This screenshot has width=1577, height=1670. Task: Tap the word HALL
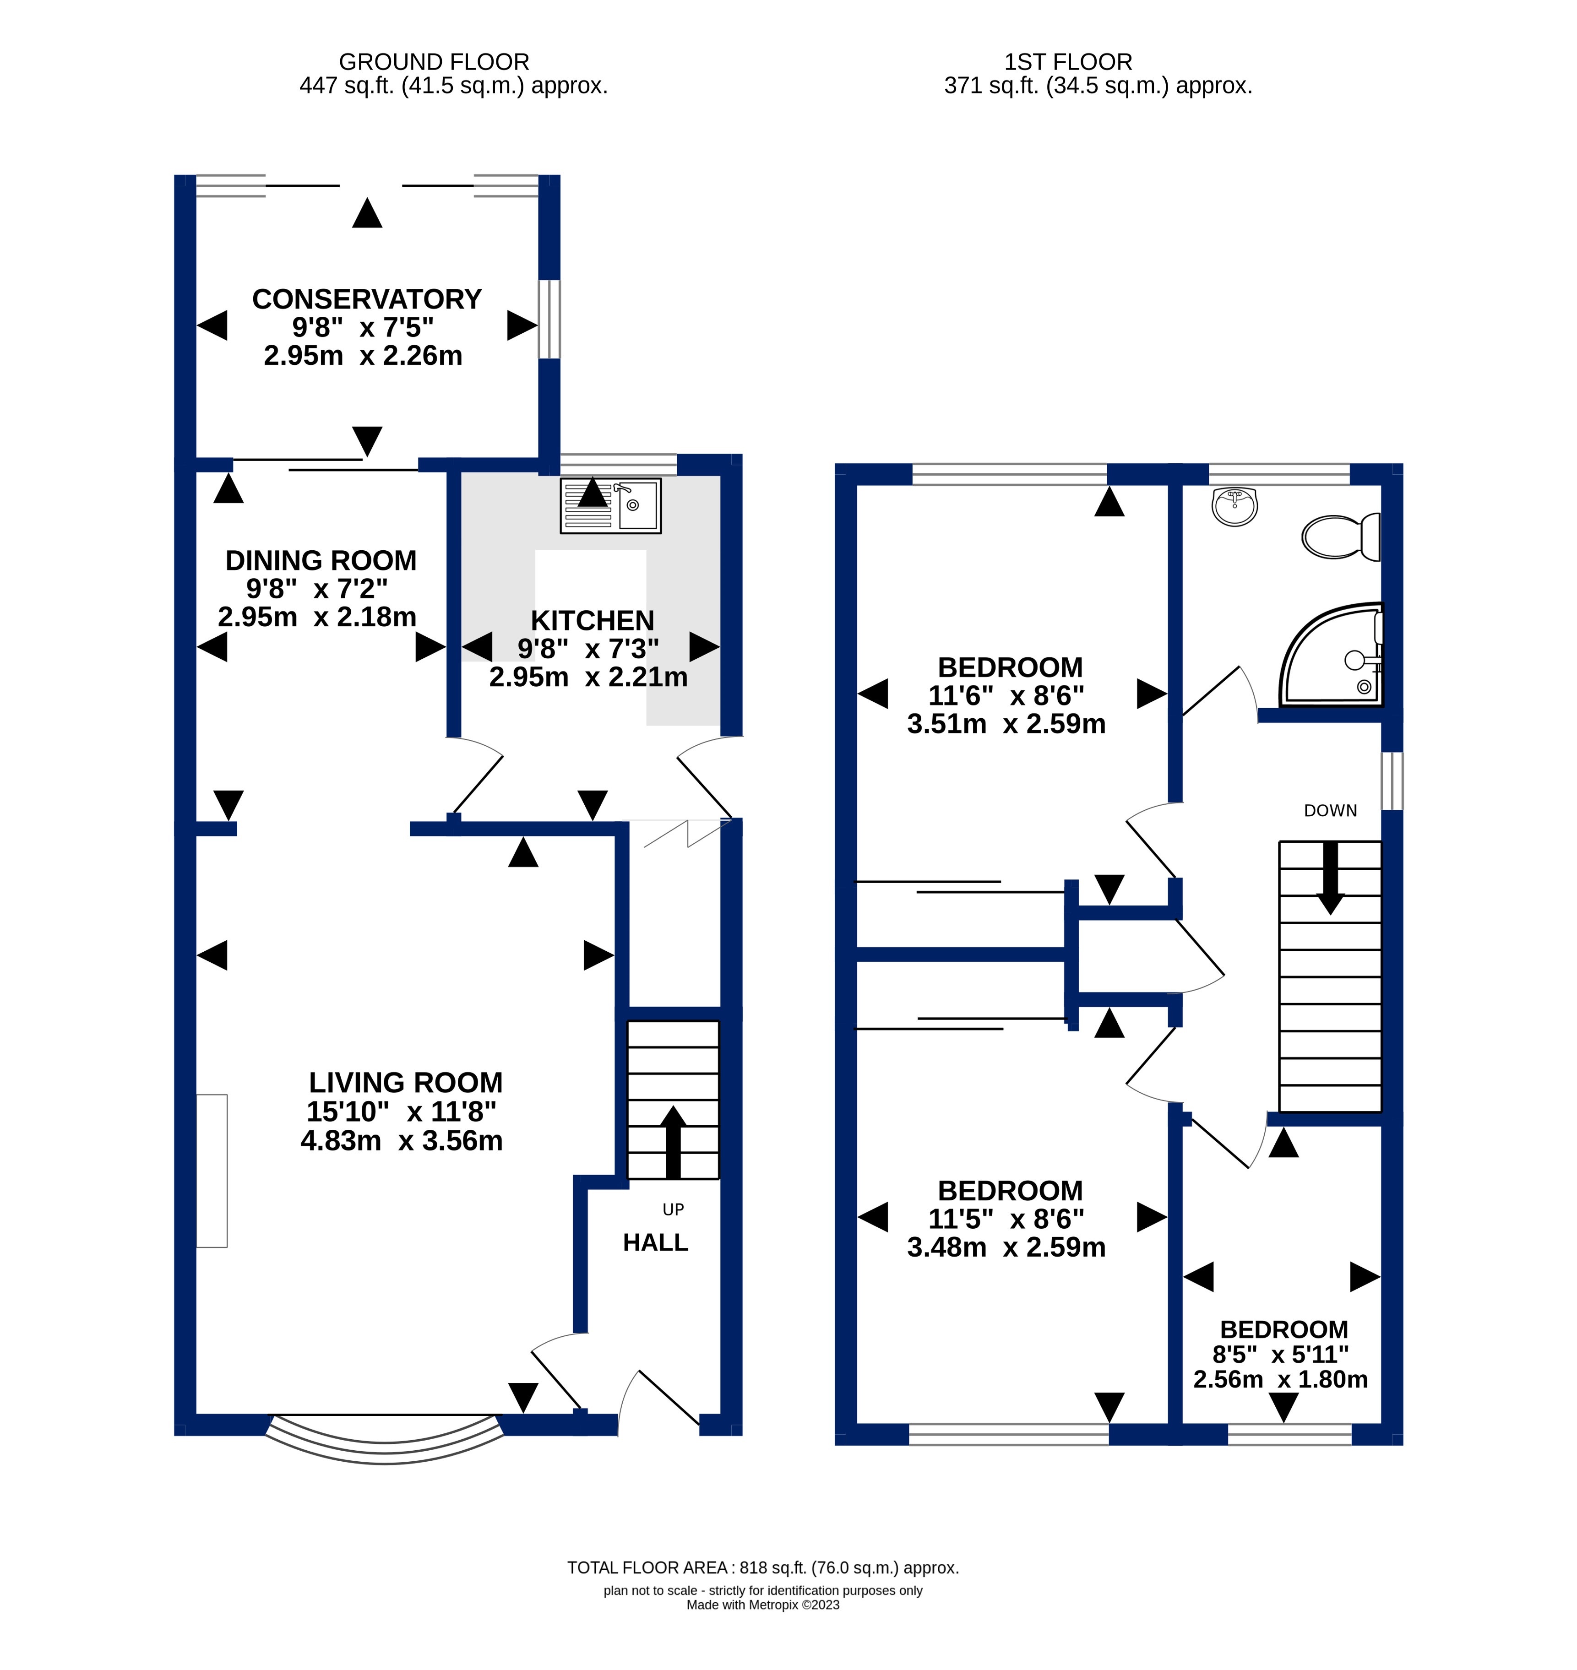[x=656, y=1242]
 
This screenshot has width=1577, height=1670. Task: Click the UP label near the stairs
[x=673, y=1209]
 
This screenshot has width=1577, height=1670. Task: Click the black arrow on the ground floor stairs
[x=673, y=1141]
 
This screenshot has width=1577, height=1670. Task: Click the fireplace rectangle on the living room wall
[x=212, y=1171]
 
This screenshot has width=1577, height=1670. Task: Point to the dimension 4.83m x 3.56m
[x=402, y=1140]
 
